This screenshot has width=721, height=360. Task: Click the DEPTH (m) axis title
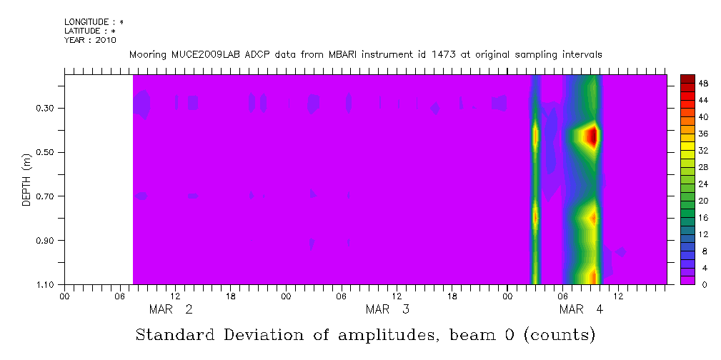coord(26,179)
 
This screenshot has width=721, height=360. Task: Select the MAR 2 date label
coord(170,309)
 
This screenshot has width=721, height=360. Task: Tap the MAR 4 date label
coord(582,309)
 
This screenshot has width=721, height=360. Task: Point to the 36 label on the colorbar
coord(703,134)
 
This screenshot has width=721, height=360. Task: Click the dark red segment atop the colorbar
coord(687,79)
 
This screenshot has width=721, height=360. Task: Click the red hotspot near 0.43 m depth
coord(591,136)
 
